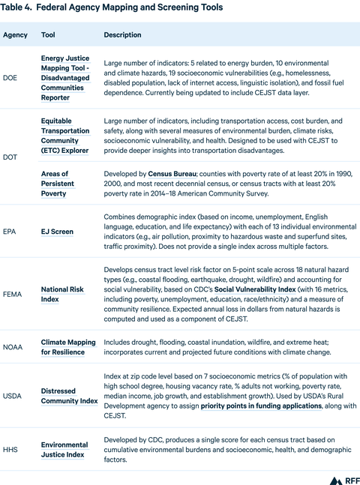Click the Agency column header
15,35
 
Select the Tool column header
48,35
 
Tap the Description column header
123,35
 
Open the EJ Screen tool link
57,232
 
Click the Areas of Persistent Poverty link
60,183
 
